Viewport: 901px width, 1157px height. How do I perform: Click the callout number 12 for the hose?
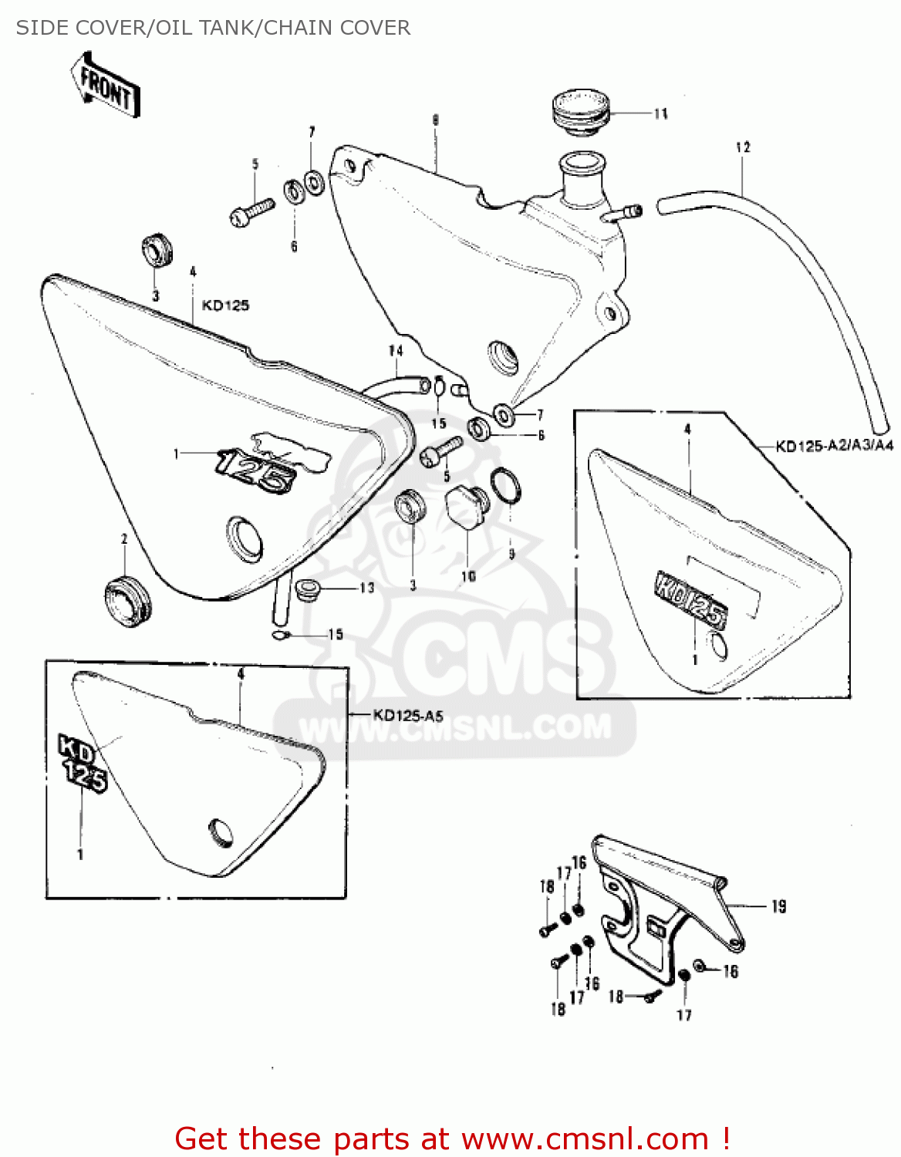[x=743, y=147]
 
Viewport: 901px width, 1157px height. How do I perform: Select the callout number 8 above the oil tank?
[x=435, y=120]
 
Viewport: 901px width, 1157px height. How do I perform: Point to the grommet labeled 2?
[x=127, y=600]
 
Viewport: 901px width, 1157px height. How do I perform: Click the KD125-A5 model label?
[x=408, y=715]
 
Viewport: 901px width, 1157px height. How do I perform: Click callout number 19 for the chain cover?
[x=778, y=906]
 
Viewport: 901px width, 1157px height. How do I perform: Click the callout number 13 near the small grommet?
[x=367, y=589]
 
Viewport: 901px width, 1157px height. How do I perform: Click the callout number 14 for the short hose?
[x=396, y=350]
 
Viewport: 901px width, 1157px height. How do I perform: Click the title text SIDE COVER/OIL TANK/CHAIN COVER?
[x=213, y=28]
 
